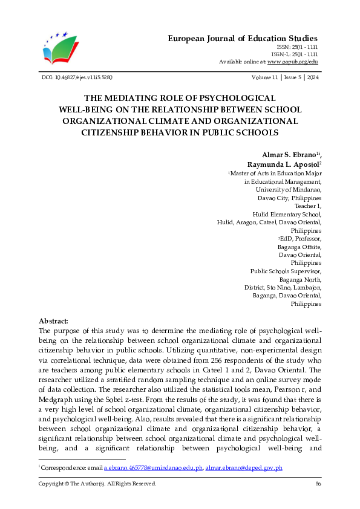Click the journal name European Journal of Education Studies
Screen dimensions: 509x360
(242, 38)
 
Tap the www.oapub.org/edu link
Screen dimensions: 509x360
(293, 62)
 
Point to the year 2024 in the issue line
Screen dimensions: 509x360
(314, 77)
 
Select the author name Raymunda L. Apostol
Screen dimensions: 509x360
(282, 164)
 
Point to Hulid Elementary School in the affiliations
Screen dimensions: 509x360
(286, 214)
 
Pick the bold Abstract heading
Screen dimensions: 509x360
(53, 320)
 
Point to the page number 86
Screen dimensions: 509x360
(318, 484)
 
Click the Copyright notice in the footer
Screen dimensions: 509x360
(97, 484)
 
